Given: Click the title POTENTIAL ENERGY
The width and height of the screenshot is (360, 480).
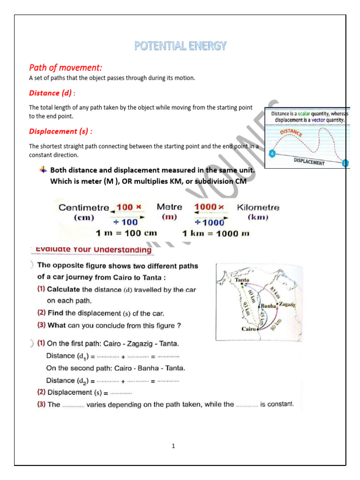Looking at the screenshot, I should [180, 45].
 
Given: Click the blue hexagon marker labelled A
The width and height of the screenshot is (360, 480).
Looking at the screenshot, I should [271, 153].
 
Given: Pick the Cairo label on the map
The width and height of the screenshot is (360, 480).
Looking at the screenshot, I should [248, 329].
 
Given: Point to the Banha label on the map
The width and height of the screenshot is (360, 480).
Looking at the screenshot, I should [268, 306].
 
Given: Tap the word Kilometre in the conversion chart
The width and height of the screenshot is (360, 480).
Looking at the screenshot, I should [258, 207].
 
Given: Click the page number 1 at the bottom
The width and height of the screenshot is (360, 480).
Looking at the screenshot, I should [173, 446].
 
